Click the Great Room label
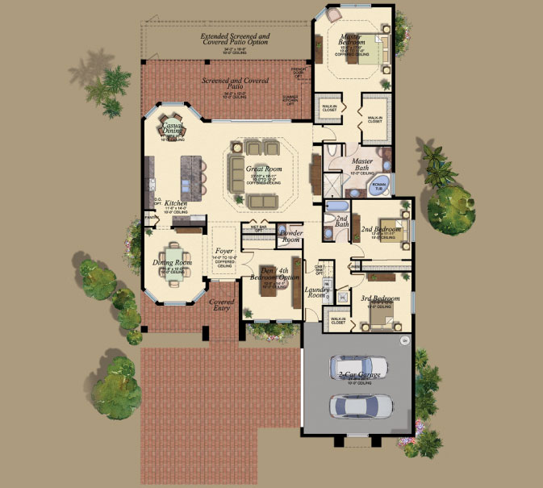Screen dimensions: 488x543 258,169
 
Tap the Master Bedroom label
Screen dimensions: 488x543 352,39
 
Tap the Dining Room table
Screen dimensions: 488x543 174,263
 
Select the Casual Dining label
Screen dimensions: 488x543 173,129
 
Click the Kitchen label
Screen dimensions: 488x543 176,204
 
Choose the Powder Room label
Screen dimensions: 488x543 290,236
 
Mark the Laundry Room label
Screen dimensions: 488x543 315,292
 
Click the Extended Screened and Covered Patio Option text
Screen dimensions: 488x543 236,40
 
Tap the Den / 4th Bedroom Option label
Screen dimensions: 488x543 270,274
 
